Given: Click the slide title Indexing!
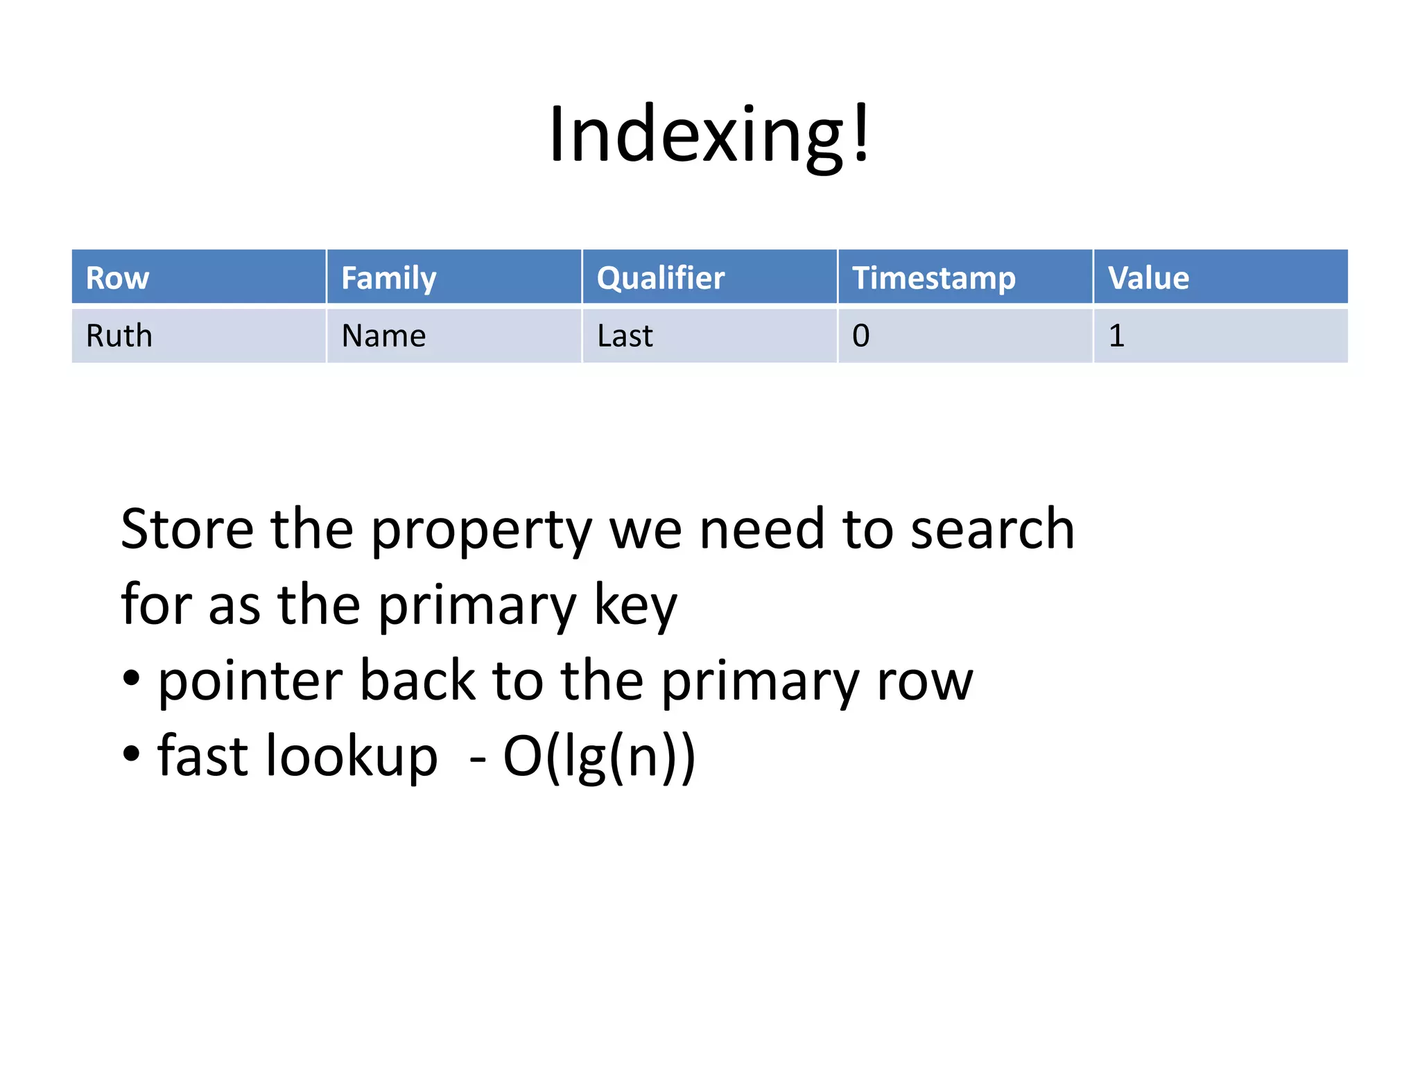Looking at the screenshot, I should coord(709,134).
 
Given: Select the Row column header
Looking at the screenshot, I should coord(117,278).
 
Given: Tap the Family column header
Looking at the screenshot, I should coord(388,278).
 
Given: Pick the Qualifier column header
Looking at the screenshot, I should coord(660,278).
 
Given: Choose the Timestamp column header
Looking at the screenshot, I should coord(933,278).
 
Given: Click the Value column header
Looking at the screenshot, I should coord(1148,278).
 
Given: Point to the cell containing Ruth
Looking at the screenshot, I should coord(119,336).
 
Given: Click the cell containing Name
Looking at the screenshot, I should coord(383,336).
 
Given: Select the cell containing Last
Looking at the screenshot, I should coord(625,336).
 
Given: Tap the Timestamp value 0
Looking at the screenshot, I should coord(860,336).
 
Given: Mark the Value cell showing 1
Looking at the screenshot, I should coord(1116,336).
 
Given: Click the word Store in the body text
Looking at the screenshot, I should coord(187,529).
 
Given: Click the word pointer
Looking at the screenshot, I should coord(250,681).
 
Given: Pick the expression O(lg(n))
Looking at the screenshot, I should coord(598,756).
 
